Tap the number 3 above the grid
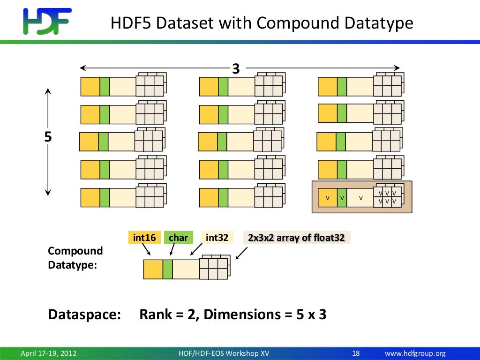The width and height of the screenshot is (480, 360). tap(236, 69)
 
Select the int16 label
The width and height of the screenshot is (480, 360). tap(144, 238)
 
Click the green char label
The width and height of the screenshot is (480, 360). tap(178, 238)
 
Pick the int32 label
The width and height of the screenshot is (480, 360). tap(217, 238)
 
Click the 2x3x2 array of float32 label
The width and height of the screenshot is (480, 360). tap(296, 238)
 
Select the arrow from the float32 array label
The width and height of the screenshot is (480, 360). tap(241, 253)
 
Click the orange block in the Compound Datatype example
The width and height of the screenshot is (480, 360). tap(153, 270)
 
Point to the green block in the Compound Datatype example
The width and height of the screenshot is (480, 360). tap(168, 270)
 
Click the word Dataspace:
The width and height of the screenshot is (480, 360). tap(85, 315)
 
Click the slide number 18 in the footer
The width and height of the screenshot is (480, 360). tap(356, 353)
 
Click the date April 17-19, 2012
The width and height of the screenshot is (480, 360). tap(49, 353)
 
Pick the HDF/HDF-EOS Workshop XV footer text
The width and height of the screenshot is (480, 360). tap(224, 353)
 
